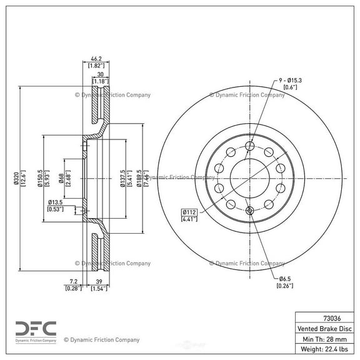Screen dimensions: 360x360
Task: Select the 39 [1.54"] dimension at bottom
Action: pos(99,283)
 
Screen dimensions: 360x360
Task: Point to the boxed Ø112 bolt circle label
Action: pos(190,211)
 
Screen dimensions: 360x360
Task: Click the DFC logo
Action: pos(36,327)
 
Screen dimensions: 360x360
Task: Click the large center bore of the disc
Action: pos(249,177)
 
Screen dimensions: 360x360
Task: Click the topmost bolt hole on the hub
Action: pos(249,146)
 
